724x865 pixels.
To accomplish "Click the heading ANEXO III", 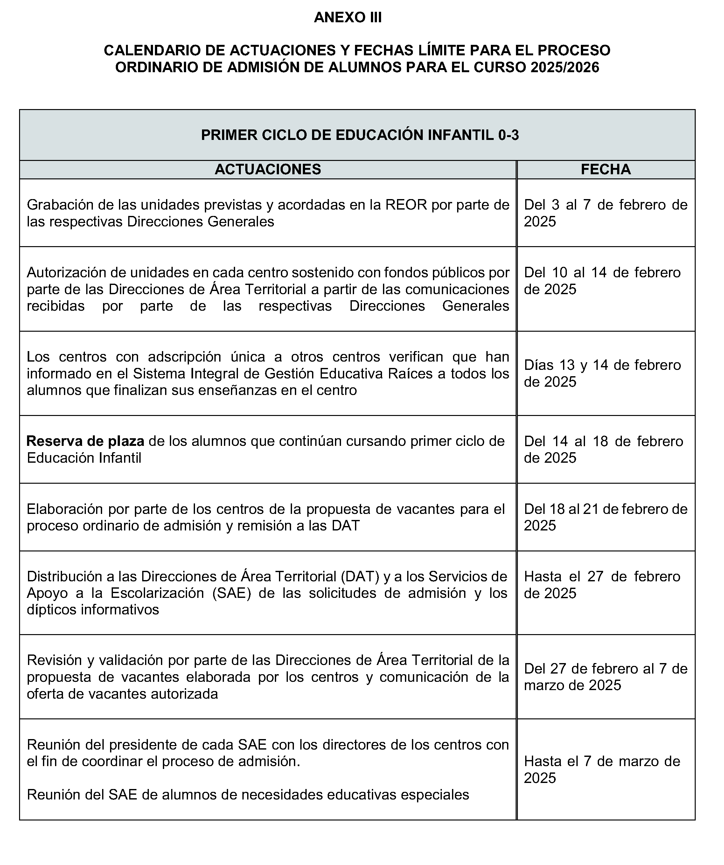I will coord(347,17).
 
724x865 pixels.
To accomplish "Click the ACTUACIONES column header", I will coord(268,169).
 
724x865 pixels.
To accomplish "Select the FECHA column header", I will coord(605,169).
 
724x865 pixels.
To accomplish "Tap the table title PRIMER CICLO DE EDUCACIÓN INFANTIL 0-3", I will coord(359,135).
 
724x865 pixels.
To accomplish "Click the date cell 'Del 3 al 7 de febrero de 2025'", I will coord(605,213).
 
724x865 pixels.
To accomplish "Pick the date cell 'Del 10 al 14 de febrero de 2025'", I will coord(602,281).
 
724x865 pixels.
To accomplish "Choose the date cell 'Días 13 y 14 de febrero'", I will coord(602,373).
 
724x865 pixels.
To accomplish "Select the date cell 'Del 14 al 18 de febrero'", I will coord(603,449).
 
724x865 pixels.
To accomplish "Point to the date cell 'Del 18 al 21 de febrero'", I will coord(605,517).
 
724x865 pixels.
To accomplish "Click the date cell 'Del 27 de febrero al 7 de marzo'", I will coord(605,677).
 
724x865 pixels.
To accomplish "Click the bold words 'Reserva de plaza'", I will coord(85,441).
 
